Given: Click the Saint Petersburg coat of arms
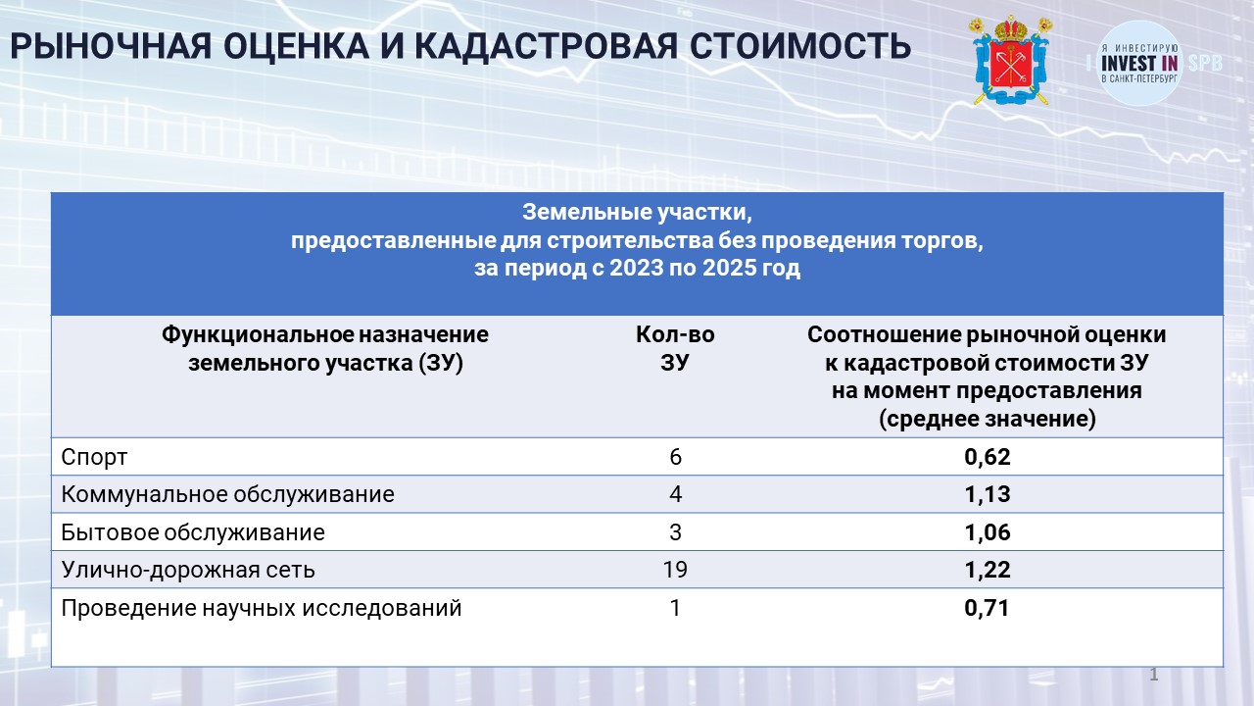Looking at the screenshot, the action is pyautogui.click(x=1010, y=61).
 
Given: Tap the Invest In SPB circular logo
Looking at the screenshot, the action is pyautogui.click(x=1139, y=63).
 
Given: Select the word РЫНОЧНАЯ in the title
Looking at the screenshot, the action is pyautogui.click(x=111, y=46).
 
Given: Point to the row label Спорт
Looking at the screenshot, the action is pyautogui.click(x=94, y=458).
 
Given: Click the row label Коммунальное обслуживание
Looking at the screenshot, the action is pyautogui.click(x=227, y=494).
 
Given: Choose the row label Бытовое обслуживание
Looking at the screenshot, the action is pyautogui.click(x=193, y=532).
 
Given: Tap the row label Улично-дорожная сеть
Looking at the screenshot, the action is pyautogui.click(x=188, y=570).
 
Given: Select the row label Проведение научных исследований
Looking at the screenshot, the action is pyautogui.click(x=261, y=608).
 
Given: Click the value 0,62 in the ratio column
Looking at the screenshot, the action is pyautogui.click(x=987, y=457).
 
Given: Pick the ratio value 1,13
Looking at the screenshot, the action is pyautogui.click(x=987, y=494).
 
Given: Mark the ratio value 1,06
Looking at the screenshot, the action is pyautogui.click(x=987, y=532).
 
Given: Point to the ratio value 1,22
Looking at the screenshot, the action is pyautogui.click(x=987, y=570).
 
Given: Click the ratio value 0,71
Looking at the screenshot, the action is pyautogui.click(x=987, y=608).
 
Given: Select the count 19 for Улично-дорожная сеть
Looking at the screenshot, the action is pyautogui.click(x=675, y=570).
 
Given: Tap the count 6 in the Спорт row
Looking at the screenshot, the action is pyautogui.click(x=675, y=457).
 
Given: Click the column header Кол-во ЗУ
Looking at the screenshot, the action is pyautogui.click(x=675, y=348).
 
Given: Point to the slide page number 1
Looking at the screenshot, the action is pyautogui.click(x=1154, y=674).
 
